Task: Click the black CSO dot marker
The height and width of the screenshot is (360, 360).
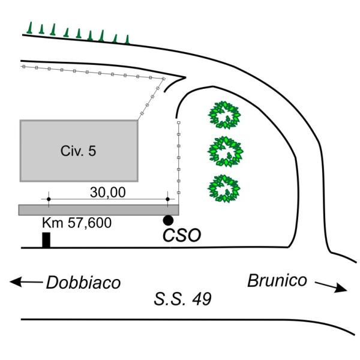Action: click(x=168, y=220)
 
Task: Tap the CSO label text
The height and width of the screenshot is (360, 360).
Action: click(x=182, y=235)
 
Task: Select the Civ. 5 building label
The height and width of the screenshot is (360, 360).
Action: click(x=78, y=151)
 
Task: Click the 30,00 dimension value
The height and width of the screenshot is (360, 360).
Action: click(x=107, y=193)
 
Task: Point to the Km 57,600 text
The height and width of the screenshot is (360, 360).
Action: click(x=77, y=223)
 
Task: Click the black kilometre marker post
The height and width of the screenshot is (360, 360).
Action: click(x=46, y=240)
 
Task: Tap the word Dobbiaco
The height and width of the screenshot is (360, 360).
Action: click(x=83, y=283)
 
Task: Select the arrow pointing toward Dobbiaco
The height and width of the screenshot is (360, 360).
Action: click(x=26, y=282)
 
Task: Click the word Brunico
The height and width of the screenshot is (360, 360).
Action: click(x=277, y=280)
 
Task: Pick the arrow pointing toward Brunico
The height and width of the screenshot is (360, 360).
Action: click(x=331, y=287)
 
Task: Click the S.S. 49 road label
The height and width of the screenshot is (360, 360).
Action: click(x=182, y=299)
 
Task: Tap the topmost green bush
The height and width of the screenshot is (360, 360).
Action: click(x=224, y=115)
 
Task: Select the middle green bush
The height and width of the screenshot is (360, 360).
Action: click(x=225, y=152)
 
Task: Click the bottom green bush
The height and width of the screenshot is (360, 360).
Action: click(x=224, y=188)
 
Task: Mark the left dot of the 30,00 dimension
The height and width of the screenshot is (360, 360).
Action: click(x=49, y=199)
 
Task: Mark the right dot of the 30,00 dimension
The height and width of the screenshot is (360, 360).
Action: click(x=167, y=199)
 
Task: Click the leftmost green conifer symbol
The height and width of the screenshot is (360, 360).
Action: click(x=29, y=28)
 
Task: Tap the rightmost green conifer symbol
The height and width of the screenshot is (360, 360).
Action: click(x=127, y=39)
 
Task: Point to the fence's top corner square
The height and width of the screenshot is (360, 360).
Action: click(x=164, y=79)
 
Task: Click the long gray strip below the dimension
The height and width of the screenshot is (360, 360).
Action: click(x=99, y=210)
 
